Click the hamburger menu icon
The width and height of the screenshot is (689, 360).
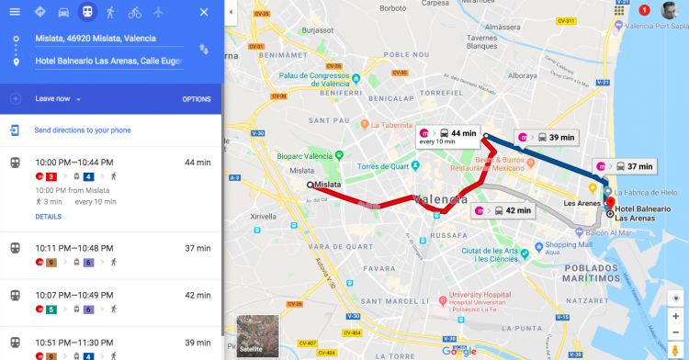14,12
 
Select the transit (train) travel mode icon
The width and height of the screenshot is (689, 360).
86,12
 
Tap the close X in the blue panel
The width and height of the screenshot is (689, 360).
203,12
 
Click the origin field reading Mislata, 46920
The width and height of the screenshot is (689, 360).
108,39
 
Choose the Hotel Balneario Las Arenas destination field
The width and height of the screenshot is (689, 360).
108,62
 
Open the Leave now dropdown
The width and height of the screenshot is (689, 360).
59,99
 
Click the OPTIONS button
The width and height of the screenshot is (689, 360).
197,99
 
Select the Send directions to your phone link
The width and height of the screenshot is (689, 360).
82,130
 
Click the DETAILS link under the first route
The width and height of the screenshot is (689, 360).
48,217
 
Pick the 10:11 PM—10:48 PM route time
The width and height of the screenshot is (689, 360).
73,248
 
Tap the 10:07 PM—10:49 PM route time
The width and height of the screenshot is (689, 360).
73,295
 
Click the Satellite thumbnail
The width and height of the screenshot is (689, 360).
256,336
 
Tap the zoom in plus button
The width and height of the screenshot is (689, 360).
675,316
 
